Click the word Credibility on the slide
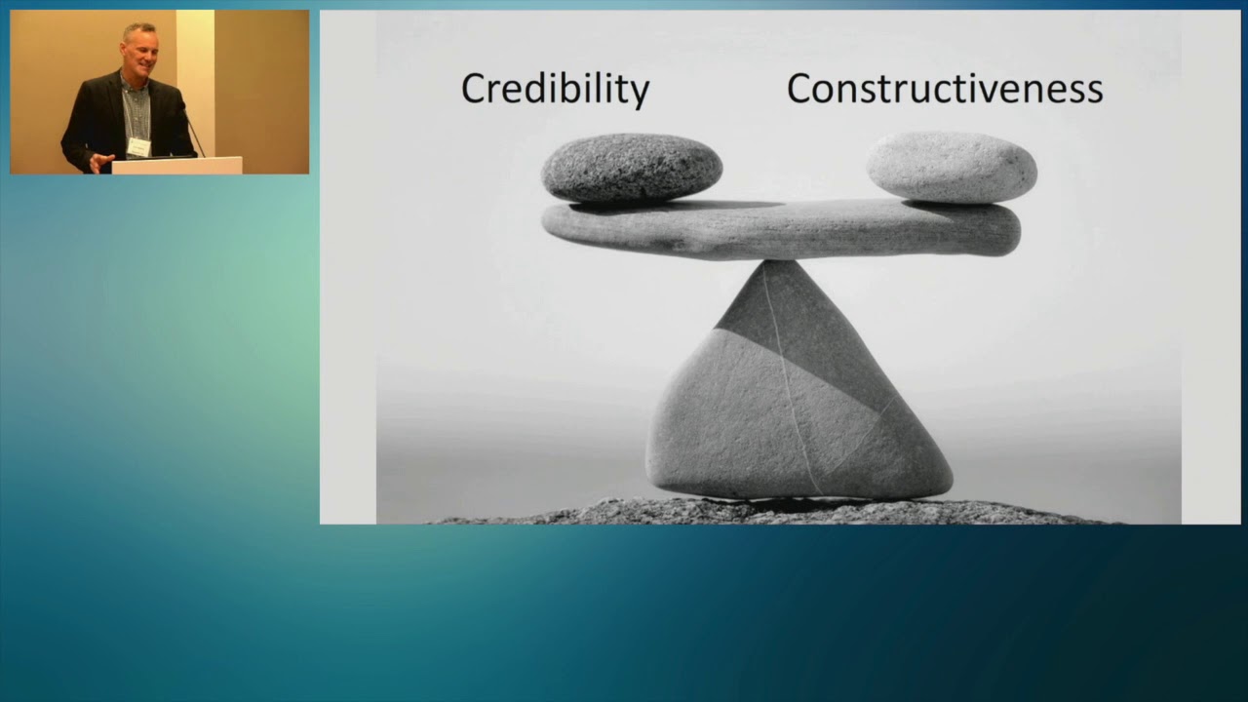click(555, 89)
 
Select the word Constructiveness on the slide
click(944, 89)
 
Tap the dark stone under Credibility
click(631, 168)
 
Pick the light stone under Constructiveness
click(951, 167)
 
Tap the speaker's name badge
click(138, 146)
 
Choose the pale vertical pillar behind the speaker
click(195, 78)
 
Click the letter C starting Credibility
click(473, 89)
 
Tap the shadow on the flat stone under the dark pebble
click(682, 206)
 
